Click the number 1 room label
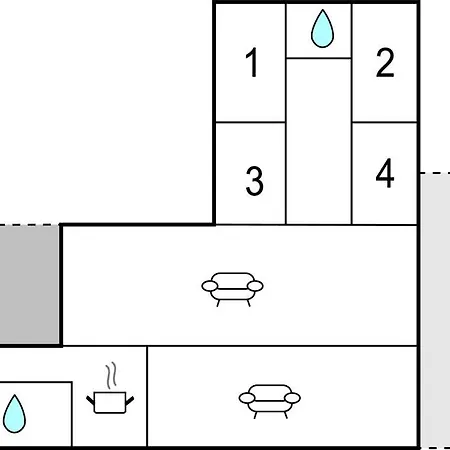[x=252, y=62]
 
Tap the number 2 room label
[x=385, y=63]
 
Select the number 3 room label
[x=254, y=181]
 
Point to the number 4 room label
[x=385, y=173]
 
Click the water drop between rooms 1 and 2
[x=322, y=29]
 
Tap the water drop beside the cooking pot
[x=14, y=414]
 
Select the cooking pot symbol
[x=110, y=402]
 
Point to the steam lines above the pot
[x=111, y=375]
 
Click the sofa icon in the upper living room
[x=232, y=289]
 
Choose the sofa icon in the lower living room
[x=270, y=402]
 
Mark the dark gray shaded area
[x=29, y=285]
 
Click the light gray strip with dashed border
[x=435, y=311]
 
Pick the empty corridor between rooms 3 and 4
[x=319, y=141]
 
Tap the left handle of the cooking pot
[x=90, y=400]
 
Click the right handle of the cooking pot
[x=130, y=400]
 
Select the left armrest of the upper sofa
[x=210, y=286]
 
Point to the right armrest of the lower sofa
[x=292, y=398]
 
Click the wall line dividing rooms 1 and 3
[x=250, y=122]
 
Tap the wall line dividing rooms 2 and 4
[x=385, y=122]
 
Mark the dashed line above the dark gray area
[x=30, y=225]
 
